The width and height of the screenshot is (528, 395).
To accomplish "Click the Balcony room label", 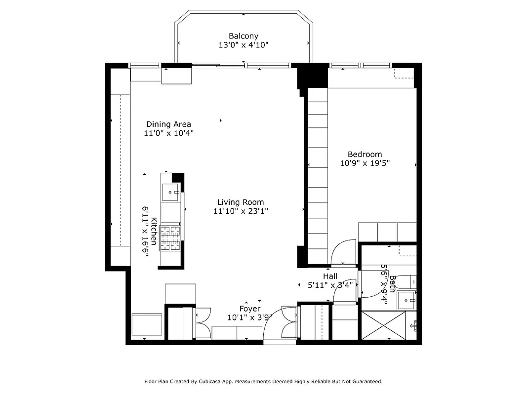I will tap(243, 36).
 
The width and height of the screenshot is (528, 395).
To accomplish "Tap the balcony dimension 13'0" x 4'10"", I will tap(243, 45).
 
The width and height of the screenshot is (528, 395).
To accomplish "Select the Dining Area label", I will tap(168, 124).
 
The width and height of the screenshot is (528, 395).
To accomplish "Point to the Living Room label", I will tap(241, 202).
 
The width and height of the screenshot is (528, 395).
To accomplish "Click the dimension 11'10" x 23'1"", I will tap(241, 211).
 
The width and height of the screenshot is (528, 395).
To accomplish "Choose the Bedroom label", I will tap(365, 155).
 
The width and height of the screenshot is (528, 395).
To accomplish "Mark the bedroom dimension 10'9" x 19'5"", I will tap(365, 163).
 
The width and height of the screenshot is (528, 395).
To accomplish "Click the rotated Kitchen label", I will tap(154, 231).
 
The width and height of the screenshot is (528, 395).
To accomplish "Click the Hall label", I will tap(330, 276).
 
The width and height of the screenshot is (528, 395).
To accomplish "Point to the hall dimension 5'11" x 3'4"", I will tap(330, 285).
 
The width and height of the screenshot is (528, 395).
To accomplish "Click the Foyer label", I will tap(249, 309).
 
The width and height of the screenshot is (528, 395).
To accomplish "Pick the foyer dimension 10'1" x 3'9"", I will tap(249, 317).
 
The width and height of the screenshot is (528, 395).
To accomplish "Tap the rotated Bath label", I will tap(392, 284).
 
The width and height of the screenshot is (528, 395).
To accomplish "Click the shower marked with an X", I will tap(384, 325).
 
